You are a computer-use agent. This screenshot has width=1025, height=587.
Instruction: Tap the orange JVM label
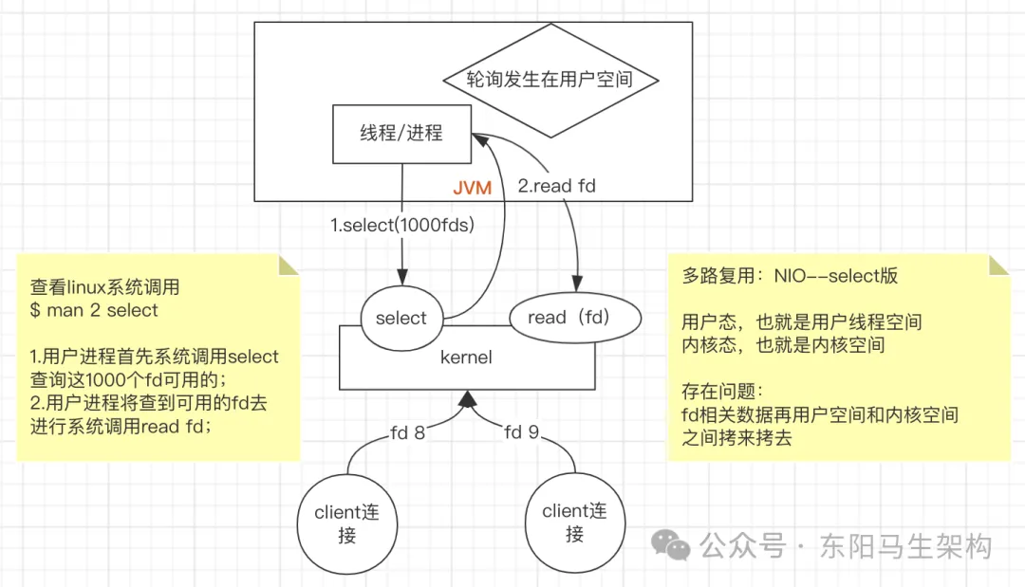pyautogui.click(x=472, y=188)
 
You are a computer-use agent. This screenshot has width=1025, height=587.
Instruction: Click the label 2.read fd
pyautogui.click(x=556, y=186)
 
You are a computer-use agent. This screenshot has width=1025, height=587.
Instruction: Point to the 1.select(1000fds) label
pyautogui.click(x=402, y=226)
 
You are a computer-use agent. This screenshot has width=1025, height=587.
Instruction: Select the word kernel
pyautogui.click(x=466, y=358)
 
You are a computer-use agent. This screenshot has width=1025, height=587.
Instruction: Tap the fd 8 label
pyautogui.click(x=407, y=433)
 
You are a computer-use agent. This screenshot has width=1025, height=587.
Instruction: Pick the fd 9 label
pyautogui.click(x=522, y=432)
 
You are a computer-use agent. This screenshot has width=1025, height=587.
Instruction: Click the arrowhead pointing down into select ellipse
pyautogui.click(x=402, y=276)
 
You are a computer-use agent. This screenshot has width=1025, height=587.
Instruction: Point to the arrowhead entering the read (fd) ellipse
pyautogui.click(x=577, y=283)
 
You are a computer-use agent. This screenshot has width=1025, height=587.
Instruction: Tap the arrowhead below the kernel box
pyautogui.click(x=467, y=399)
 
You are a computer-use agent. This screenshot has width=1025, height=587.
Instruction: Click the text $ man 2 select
pyautogui.click(x=94, y=310)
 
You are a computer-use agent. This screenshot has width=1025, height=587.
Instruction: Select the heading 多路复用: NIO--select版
pyautogui.click(x=790, y=276)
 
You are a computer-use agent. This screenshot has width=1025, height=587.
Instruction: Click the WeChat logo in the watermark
pyautogui.click(x=671, y=544)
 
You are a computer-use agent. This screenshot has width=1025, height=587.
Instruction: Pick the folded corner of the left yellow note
pyautogui.click(x=289, y=265)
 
